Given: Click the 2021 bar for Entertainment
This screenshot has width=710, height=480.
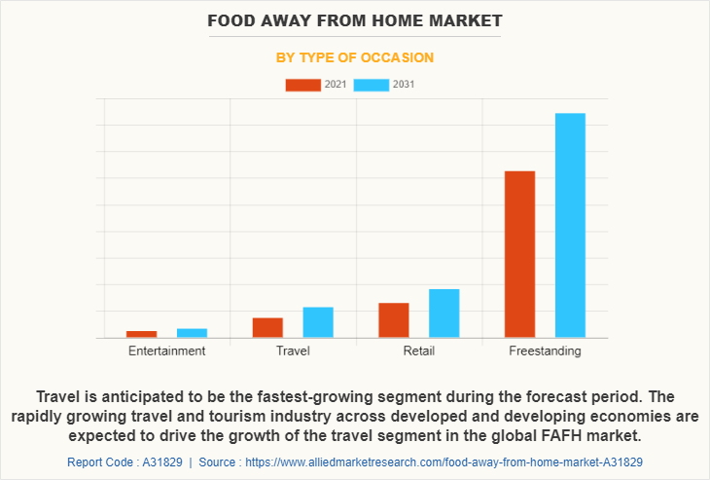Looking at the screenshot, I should click(x=141, y=334).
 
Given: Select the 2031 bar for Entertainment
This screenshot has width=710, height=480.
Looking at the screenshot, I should click(x=192, y=333).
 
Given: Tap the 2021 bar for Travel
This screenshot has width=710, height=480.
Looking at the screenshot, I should click(x=267, y=328).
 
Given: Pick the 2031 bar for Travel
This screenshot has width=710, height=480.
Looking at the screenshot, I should click(x=318, y=322).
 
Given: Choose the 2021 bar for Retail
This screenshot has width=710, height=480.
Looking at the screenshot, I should click(x=394, y=320).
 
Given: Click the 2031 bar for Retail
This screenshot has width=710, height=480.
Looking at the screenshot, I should click(x=444, y=314).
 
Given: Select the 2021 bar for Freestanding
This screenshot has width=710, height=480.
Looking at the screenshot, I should click(x=519, y=254).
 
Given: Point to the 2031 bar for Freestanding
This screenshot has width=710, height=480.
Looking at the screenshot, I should click(x=570, y=226).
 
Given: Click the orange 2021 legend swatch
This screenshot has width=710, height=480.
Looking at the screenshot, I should click(x=302, y=85).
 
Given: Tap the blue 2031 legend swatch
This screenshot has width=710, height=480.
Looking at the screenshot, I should click(x=371, y=85).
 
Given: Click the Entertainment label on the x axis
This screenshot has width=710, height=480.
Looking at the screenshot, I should click(x=166, y=351).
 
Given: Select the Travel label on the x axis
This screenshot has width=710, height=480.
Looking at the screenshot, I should click(x=293, y=351).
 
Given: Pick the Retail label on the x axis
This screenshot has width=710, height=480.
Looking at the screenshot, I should click(x=419, y=351).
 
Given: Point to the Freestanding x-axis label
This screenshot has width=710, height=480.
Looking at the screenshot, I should click(x=545, y=351).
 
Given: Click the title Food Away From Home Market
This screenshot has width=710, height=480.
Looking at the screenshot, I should click(x=355, y=19).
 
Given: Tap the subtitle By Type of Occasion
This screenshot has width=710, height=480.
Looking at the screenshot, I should click(x=355, y=57).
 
